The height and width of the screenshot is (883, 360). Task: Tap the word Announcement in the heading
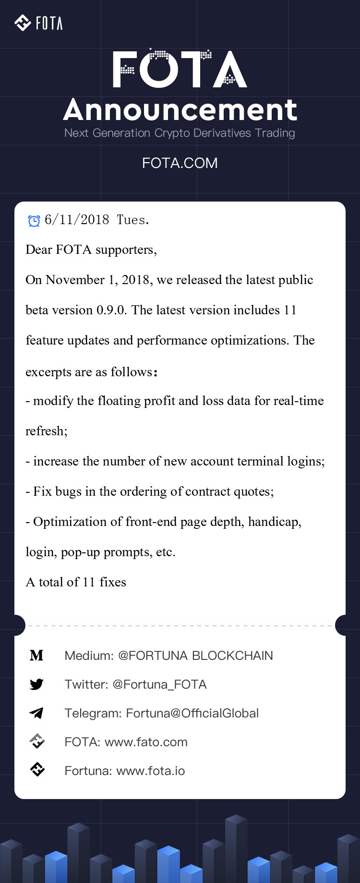pos(180,110)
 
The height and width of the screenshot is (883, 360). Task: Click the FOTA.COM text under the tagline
pos(180,163)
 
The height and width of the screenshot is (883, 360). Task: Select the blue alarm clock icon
pos(34,221)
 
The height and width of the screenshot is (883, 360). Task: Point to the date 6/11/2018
pos(77,220)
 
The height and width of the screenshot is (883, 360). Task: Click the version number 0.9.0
pos(111,310)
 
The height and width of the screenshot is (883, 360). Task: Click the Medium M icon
pos(36,656)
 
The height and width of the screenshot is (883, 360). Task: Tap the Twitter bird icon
pos(36,684)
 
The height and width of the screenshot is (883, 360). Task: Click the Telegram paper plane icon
pos(36,713)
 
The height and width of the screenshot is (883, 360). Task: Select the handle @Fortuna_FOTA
pos(159,684)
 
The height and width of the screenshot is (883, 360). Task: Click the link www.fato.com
pos(146,742)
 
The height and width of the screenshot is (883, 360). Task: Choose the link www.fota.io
pos(151,771)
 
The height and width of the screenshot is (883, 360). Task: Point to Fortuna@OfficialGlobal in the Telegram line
pos(192,713)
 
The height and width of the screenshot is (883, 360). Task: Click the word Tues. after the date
pos(133,220)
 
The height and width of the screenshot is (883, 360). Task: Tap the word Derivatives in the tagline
pos(222,133)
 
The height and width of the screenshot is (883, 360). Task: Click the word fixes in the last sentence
pos(113,582)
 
